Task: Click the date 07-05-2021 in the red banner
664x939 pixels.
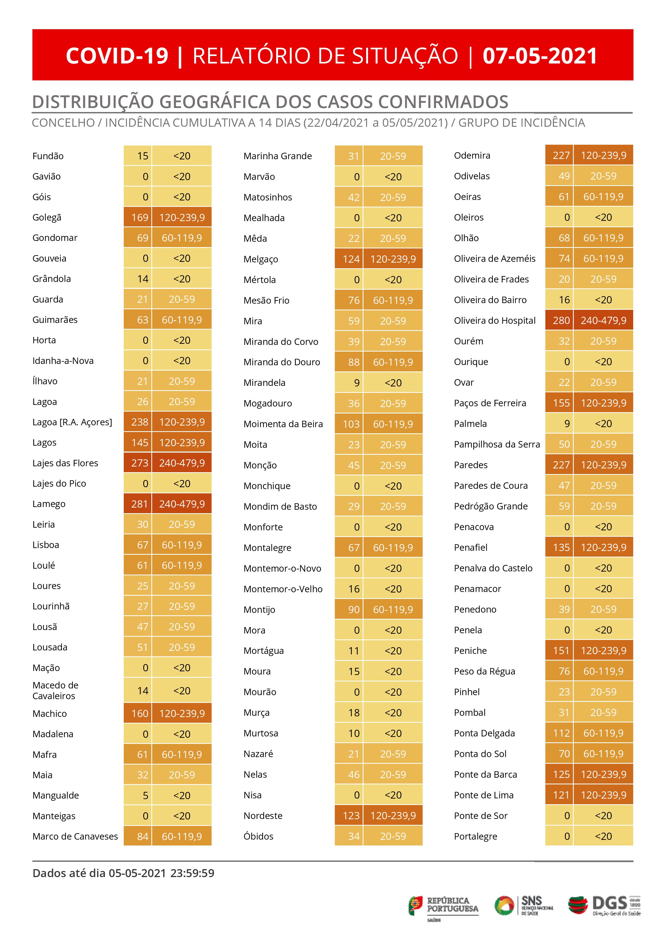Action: [540, 56]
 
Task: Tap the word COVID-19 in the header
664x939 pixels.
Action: [117, 56]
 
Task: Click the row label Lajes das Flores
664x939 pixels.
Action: [65, 463]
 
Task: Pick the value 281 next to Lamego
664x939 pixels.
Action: [140, 504]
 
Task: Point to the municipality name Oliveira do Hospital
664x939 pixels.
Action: [495, 321]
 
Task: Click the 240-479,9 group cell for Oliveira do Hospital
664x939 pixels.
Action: [603, 320]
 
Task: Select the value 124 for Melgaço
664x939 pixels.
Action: [351, 259]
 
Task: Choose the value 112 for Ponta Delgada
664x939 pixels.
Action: [561, 733]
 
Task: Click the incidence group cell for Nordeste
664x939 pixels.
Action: [393, 815]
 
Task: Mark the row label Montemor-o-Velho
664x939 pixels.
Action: [283, 589]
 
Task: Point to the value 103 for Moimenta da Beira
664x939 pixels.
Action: [351, 424]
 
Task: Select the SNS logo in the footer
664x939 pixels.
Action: [524, 906]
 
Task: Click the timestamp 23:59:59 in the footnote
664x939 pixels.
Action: [192, 873]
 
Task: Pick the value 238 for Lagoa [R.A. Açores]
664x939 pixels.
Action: [140, 422]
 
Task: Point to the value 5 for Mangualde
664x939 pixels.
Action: [145, 795]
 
